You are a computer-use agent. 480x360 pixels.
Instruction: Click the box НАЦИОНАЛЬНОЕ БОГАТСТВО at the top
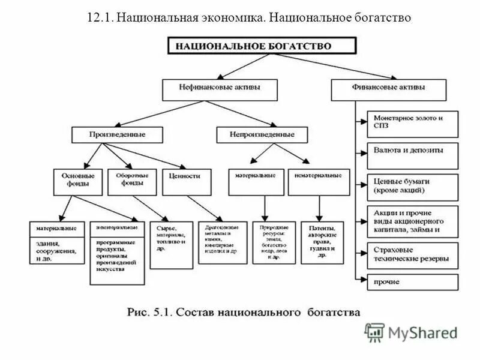point(261,46)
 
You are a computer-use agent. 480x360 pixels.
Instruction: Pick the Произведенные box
point(117,134)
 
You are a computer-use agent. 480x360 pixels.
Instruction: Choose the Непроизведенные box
point(262,134)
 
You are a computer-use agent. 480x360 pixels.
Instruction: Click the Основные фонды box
point(78,181)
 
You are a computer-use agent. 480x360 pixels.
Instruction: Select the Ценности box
point(186,181)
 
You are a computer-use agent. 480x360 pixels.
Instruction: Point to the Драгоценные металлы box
point(222,241)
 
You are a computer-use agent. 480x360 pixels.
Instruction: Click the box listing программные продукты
point(117,252)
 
